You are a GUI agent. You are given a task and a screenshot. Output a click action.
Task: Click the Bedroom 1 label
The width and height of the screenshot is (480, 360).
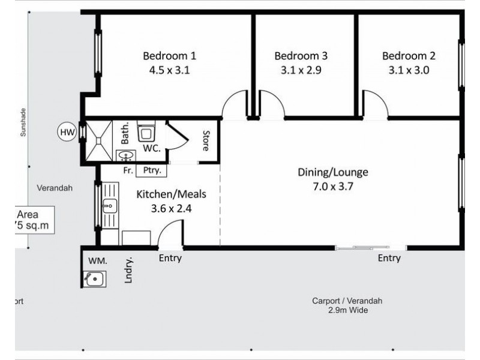(169, 56)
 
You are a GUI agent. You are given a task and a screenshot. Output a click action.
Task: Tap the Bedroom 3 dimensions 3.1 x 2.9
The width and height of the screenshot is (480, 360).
(301, 70)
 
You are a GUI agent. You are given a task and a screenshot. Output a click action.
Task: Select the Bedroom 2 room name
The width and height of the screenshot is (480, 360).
(409, 56)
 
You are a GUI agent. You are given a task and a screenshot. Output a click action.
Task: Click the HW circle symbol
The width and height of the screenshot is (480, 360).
(66, 132)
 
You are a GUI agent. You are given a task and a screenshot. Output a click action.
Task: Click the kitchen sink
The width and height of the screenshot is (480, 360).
(109, 208)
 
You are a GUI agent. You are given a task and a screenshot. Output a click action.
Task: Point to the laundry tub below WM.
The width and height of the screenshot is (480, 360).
(94, 278)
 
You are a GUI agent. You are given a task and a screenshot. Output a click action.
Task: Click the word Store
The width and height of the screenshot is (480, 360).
(205, 140)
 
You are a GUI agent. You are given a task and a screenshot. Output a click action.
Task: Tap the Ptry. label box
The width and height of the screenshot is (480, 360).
(151, 170)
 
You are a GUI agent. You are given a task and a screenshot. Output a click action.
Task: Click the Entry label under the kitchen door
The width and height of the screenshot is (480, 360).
(170, 259)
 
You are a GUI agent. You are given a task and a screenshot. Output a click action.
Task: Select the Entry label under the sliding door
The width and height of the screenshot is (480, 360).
(389, 259)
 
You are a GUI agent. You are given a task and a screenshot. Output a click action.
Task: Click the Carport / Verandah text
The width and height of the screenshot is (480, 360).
(347, 301)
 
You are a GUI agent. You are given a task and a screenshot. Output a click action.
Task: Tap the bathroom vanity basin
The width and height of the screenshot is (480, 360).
(125, 156)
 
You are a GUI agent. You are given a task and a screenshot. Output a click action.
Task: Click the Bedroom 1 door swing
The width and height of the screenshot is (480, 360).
(235, 105)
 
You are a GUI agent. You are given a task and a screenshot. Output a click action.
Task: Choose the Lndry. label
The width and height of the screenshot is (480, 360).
(128, 271)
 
